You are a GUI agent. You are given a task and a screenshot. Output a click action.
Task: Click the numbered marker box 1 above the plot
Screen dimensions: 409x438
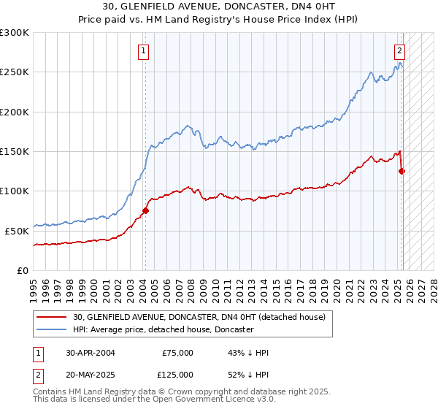143,51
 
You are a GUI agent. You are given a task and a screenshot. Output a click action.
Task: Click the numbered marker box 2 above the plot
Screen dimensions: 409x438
400,51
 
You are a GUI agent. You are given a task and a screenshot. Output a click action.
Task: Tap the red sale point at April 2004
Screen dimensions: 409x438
145,210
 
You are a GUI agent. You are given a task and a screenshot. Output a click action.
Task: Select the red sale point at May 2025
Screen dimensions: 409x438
401,171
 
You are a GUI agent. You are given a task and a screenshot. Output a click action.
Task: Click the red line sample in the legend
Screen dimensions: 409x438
53,317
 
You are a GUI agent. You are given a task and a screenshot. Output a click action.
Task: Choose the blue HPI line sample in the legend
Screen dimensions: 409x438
53,329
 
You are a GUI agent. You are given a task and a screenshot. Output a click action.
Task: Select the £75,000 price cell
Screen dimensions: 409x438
177,353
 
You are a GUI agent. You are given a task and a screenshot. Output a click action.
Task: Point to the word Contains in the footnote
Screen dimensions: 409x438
50,393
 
